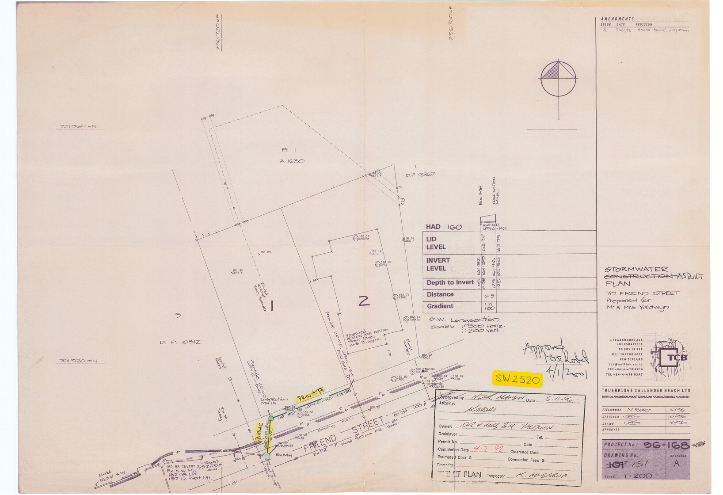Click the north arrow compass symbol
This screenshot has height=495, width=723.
click(558, 79)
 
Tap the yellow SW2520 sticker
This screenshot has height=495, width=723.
click(517, 379)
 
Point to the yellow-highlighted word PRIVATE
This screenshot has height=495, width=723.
click(310, 394)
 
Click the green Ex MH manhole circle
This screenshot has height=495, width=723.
click(266, 456)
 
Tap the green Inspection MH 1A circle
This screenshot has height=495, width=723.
click(271, 418)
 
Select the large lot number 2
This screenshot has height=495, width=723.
click(364, 301)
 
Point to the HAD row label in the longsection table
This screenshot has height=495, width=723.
click(433, 227)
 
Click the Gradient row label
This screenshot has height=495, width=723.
click(440, 306)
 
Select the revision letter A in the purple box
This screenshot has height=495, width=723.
click(677, 464)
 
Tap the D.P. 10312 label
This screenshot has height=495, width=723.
click(180, 342)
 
